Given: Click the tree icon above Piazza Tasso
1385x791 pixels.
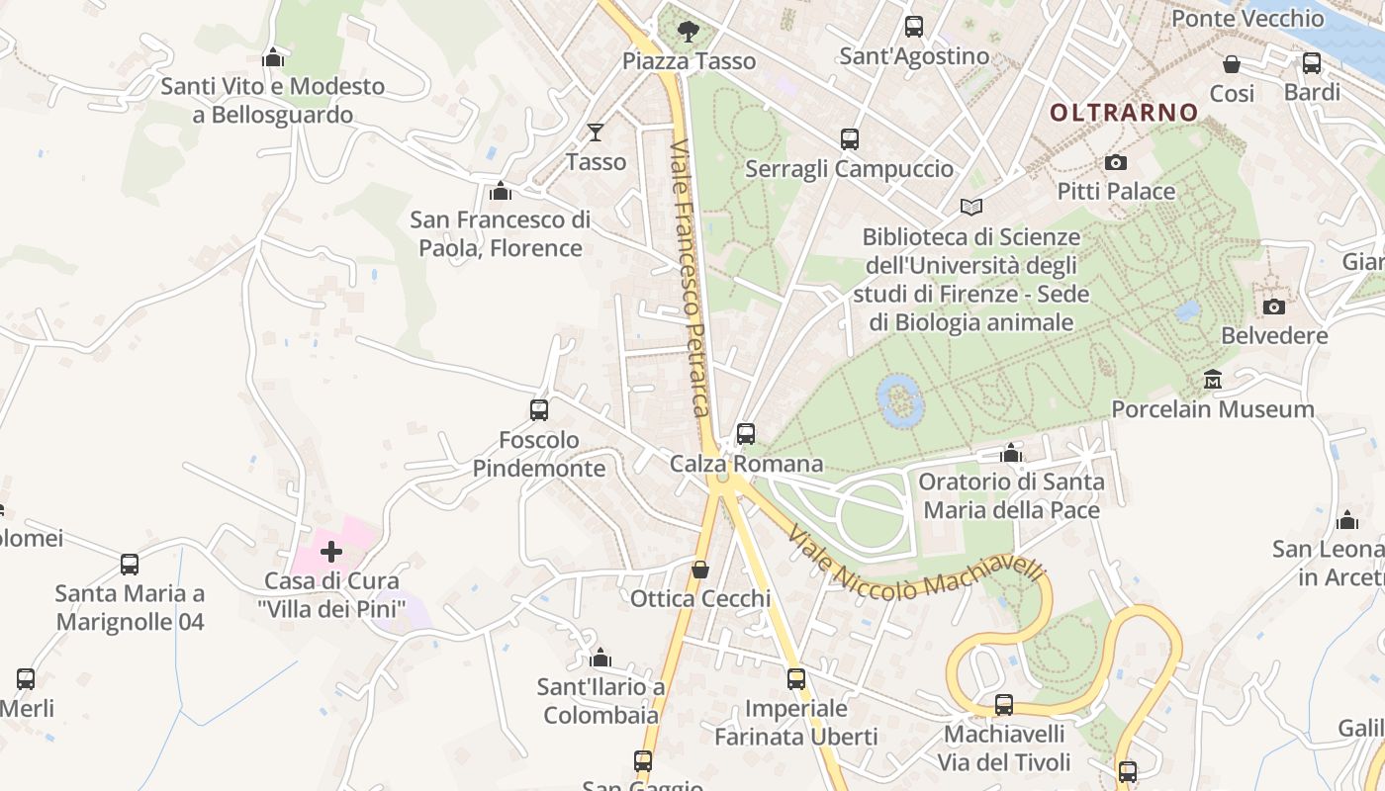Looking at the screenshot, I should [x=688, y=33].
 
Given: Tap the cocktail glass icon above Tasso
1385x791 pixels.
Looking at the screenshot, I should [x=596, y=132].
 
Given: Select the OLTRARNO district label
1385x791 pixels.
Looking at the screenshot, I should [x=1124, y=113].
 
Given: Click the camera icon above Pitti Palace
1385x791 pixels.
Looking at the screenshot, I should [x=1116, y=162].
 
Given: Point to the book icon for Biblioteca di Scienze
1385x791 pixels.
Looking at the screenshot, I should [x=971, y=208].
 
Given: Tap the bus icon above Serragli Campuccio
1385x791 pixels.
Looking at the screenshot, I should [x=849, y=139].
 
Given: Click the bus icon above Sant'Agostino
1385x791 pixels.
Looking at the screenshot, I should [x=914, y=27].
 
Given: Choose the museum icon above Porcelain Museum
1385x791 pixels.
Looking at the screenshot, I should [x=1213, y=380].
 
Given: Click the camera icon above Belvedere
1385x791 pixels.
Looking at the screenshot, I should [x=1274, y=307].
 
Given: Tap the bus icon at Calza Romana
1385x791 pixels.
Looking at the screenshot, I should [x=746, y=434].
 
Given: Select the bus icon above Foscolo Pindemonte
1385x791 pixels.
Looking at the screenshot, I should [x=539, y=410].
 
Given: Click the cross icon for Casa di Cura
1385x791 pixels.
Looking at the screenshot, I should [x=331, y=551].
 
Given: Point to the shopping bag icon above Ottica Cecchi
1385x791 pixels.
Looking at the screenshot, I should [x=700, y=570].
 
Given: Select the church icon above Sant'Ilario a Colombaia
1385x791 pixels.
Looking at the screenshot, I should [x=600, y=658].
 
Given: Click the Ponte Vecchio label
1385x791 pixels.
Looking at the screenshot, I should [x=1247, y=18].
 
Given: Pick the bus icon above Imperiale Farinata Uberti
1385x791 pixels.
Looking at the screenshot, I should [x=796, y=679].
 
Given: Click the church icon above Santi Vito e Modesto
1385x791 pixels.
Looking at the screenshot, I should [x=273, y=57].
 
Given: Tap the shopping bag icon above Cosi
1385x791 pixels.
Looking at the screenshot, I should [x=1232, y=64].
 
